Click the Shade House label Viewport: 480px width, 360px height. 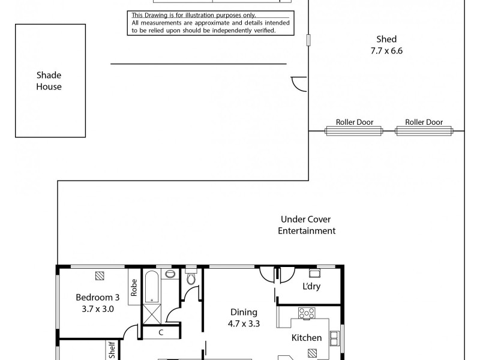(x=48, y=81)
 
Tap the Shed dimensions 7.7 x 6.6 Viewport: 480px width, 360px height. (x=386, y=51)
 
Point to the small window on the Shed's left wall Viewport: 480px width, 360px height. (x=308, y=40)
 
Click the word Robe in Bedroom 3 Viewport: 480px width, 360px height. (x=133, y=289)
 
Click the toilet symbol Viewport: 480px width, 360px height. (x=191, y=278)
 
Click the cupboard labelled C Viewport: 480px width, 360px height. (x=160, y=332)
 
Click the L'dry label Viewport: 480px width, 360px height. (x=311, y=286)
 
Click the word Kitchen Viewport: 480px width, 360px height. (x=307, y=338)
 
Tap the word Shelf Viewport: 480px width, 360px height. (x=112, y=350)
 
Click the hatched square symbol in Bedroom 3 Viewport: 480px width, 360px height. (x=99, y=275)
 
